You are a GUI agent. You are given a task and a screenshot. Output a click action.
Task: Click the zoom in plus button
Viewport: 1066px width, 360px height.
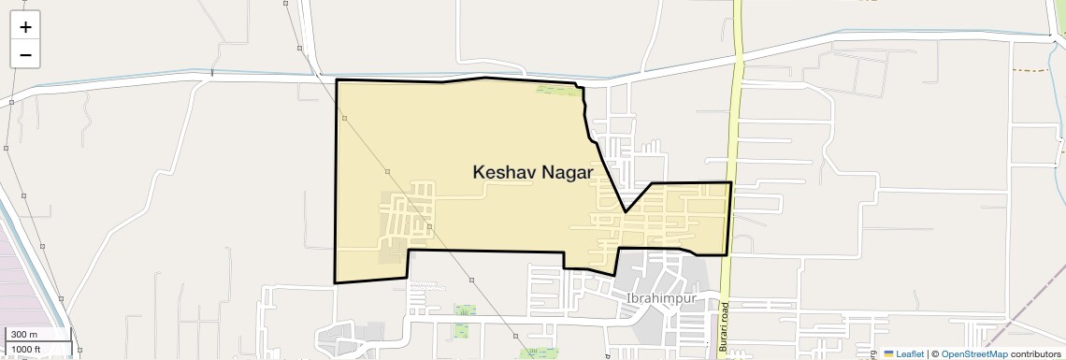(x=25, y=27)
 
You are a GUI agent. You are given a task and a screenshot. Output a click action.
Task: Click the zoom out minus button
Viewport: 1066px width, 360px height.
(x=25, y=54)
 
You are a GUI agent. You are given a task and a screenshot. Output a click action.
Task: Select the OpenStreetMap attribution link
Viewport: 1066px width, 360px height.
(x=973, y=353)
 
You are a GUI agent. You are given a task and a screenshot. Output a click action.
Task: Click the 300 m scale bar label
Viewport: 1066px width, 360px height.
(x=25, y=335)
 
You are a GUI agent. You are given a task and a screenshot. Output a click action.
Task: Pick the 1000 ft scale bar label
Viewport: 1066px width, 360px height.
(x=27, y=349)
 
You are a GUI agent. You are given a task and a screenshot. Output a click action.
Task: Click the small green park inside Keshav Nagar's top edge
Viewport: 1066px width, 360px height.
(x=556, y=90)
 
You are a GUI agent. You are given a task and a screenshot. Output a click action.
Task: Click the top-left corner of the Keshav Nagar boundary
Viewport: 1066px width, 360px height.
(x=337, y=80)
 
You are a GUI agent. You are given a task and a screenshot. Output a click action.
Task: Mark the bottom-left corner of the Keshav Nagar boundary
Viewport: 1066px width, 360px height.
(x=335, y=281)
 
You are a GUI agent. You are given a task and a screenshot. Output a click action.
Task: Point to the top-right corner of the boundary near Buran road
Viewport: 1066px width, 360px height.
(x=730, y=182)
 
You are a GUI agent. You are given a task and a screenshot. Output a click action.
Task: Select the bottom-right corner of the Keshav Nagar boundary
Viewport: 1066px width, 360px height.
(x=727, y=254)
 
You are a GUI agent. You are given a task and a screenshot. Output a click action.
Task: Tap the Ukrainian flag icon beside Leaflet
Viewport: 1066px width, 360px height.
(x=888, y=353)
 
